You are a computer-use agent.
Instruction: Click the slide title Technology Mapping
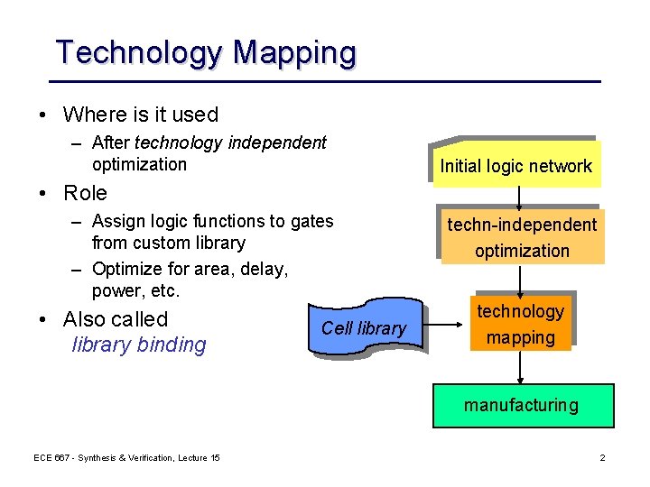[206, 52]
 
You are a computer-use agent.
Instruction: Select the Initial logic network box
[515, 165]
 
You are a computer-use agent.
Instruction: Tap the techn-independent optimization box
[522, 238]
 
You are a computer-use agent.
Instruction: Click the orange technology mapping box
[520, 324]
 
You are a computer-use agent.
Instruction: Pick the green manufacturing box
[521, 405]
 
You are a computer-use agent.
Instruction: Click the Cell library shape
[364, 328]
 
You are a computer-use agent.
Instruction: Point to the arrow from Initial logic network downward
[519, 198]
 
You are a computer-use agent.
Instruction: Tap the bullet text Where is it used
[141, 115]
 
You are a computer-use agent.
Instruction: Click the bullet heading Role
[85, 193]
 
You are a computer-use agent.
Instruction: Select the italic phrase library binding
[139, 345]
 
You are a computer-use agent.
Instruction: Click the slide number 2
[602, 459]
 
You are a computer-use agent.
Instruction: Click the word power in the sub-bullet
[114, 291]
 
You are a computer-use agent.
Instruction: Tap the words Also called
[116, 319]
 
